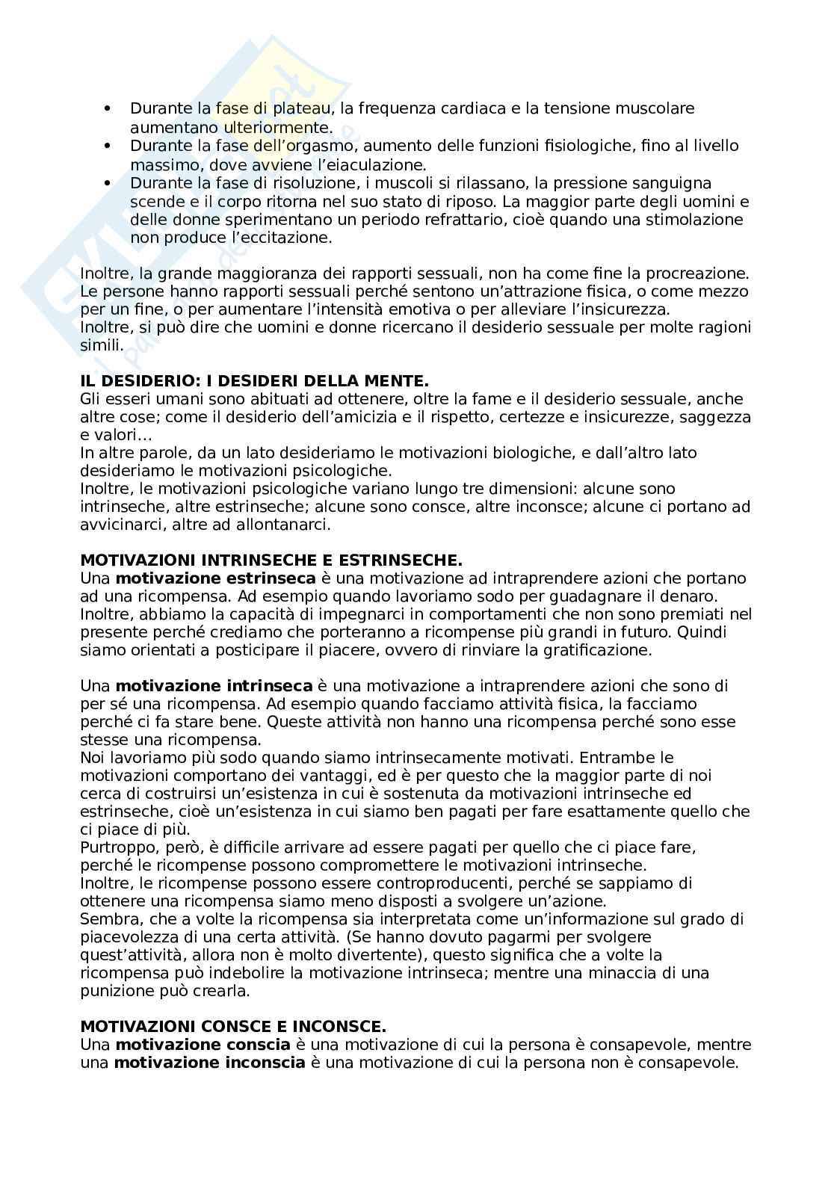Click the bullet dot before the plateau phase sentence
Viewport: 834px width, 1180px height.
pos(109,109)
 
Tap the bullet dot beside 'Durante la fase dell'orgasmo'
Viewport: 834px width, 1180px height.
pos(109,146)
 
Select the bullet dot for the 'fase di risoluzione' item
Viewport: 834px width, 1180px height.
pos(109,183)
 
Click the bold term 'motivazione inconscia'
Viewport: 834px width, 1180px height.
pos(209,1063)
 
